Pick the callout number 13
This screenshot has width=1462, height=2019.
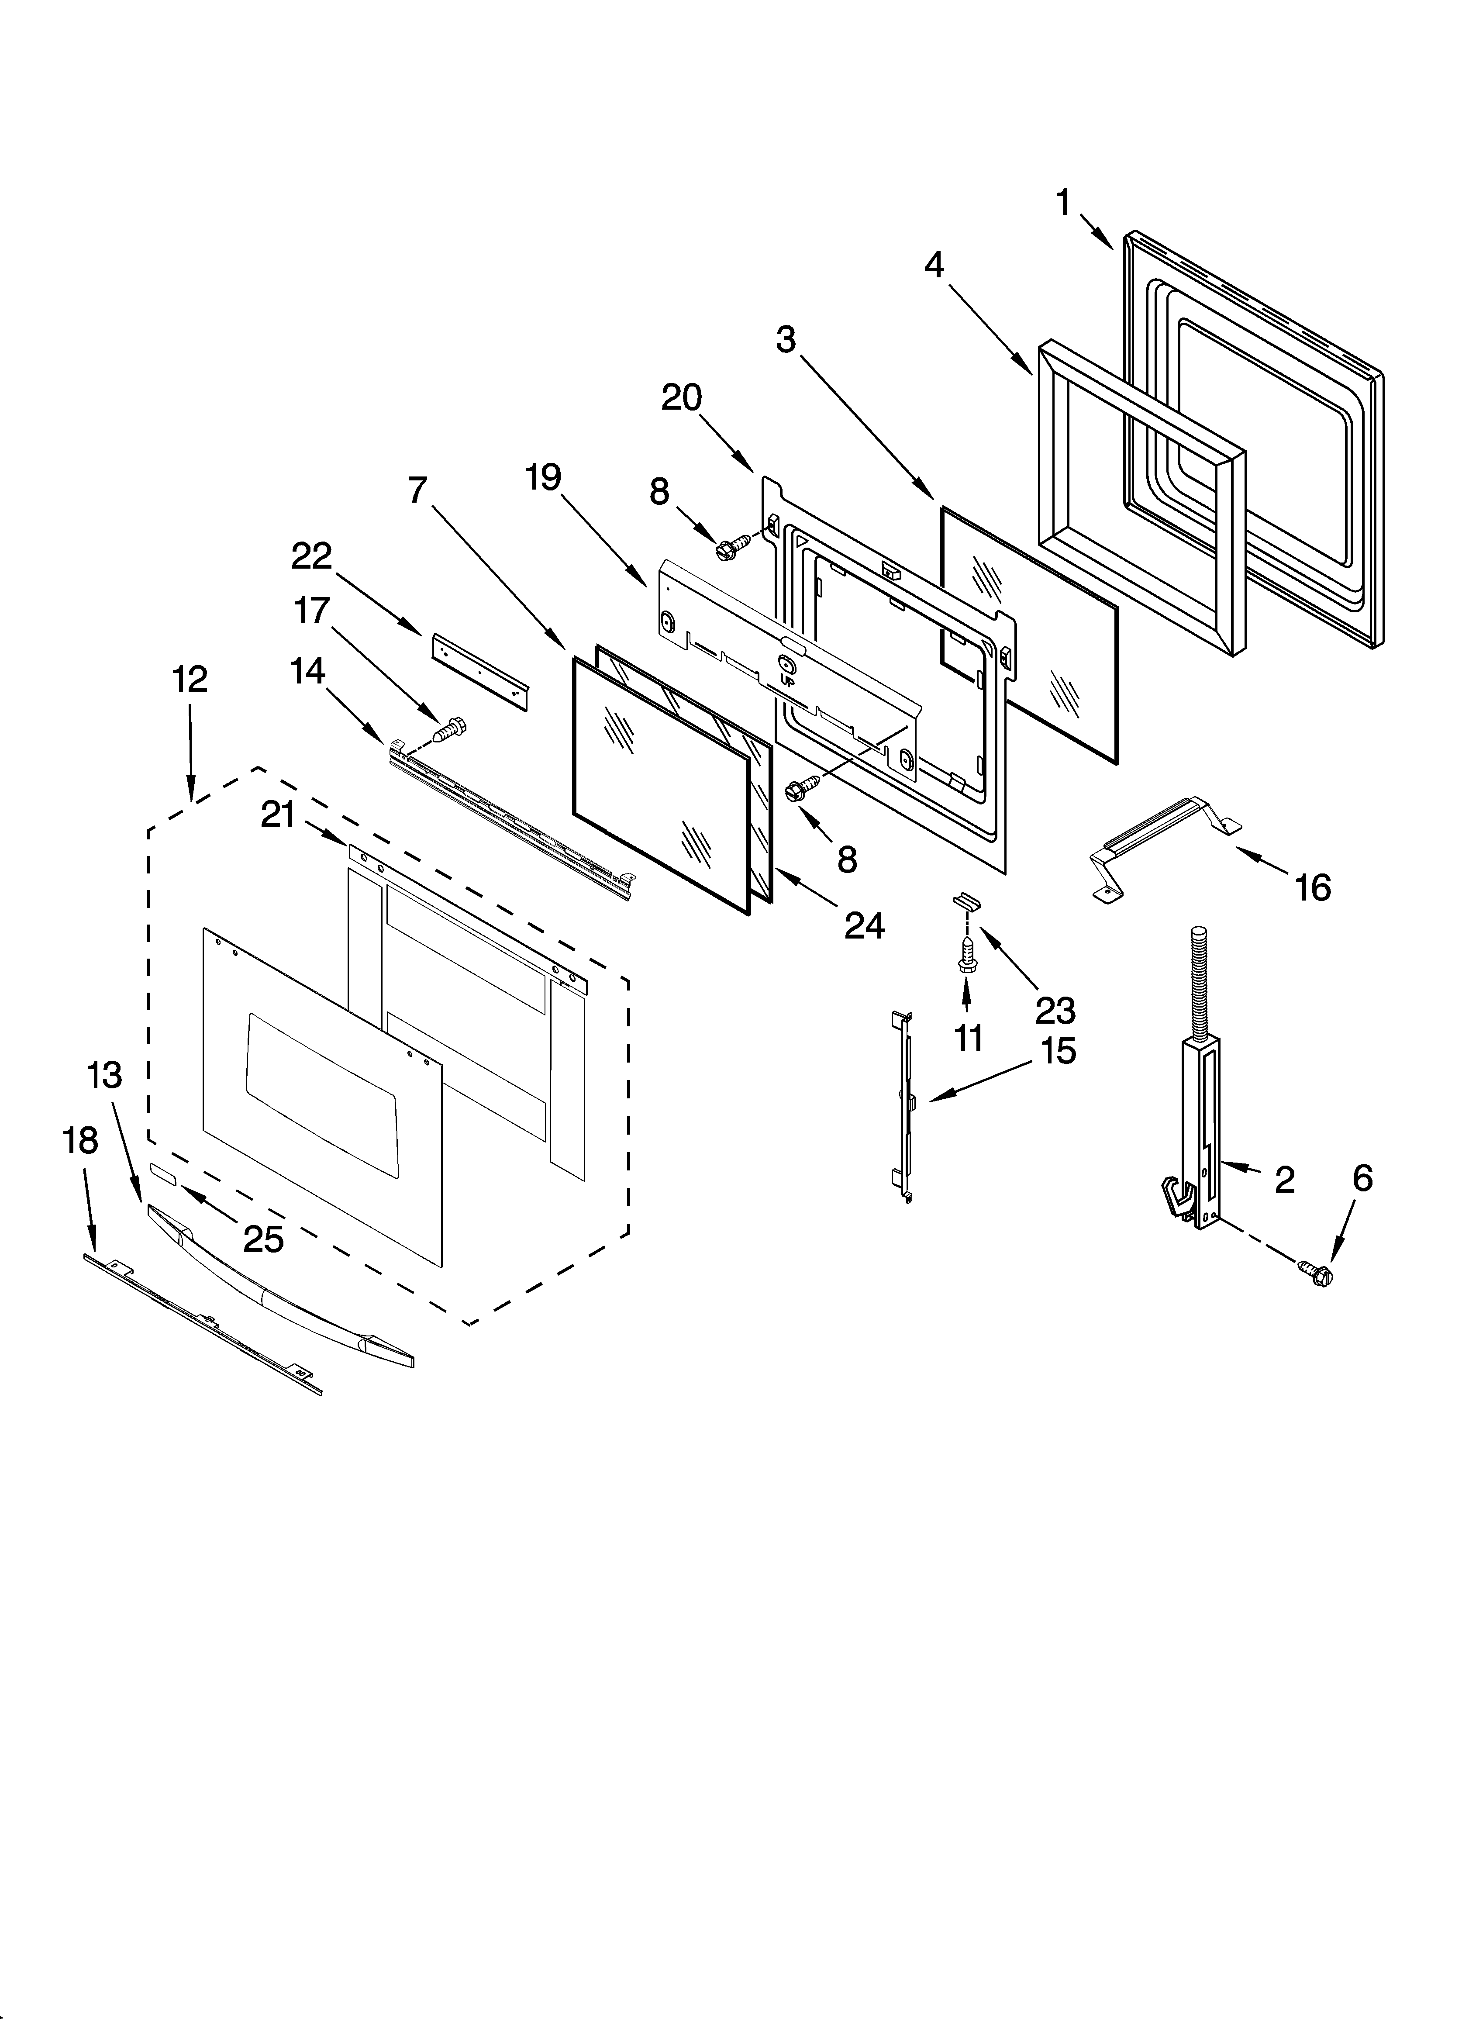tap(104, 1075)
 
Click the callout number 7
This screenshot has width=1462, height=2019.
tap(417, 490)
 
